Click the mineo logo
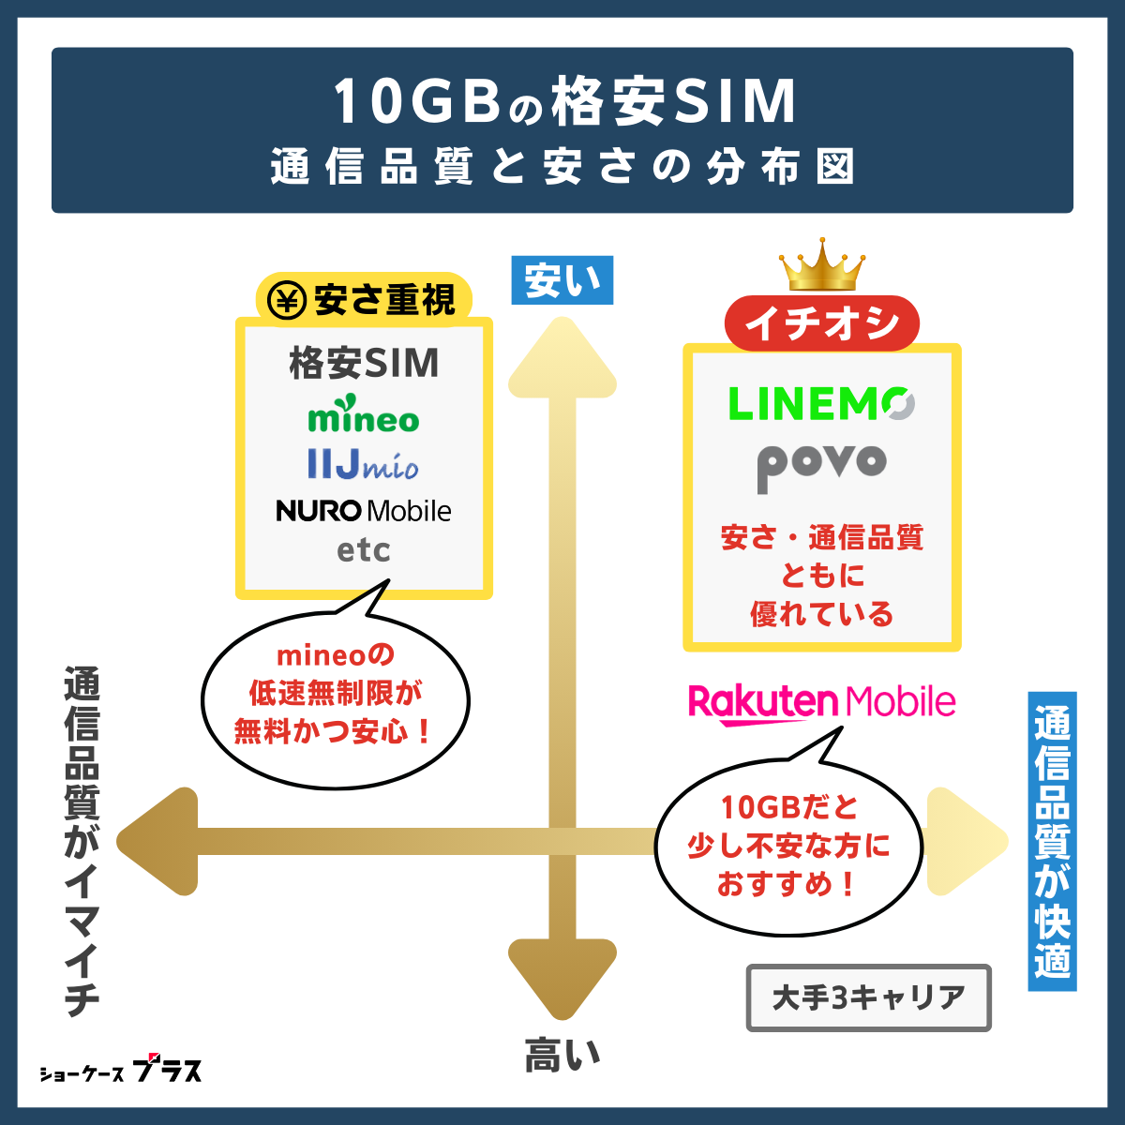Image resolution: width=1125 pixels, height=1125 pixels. point(364,417)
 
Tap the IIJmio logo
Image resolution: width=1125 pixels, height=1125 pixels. point(363,464)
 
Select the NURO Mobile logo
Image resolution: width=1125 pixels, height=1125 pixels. point(364,511)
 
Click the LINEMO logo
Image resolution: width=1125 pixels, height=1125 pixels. point(820,404)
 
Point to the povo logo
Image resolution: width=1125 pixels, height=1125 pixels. point(821,463)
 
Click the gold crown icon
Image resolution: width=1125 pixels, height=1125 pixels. point(822,266)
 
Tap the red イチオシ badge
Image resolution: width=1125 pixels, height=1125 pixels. point(822,324)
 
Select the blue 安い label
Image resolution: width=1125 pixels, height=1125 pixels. point(562,280)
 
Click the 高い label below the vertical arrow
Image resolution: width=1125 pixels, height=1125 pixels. point(562,1056)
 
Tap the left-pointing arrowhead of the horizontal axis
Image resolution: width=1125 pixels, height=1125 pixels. point(159,841)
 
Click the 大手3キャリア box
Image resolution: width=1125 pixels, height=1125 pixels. point(868,997)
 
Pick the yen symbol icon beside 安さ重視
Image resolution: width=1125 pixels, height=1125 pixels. point(287,300)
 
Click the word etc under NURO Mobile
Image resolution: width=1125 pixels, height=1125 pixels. point(364,551)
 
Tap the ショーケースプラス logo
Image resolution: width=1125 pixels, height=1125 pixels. point(120,1071)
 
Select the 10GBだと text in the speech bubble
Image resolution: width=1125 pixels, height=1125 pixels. point(788,807)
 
